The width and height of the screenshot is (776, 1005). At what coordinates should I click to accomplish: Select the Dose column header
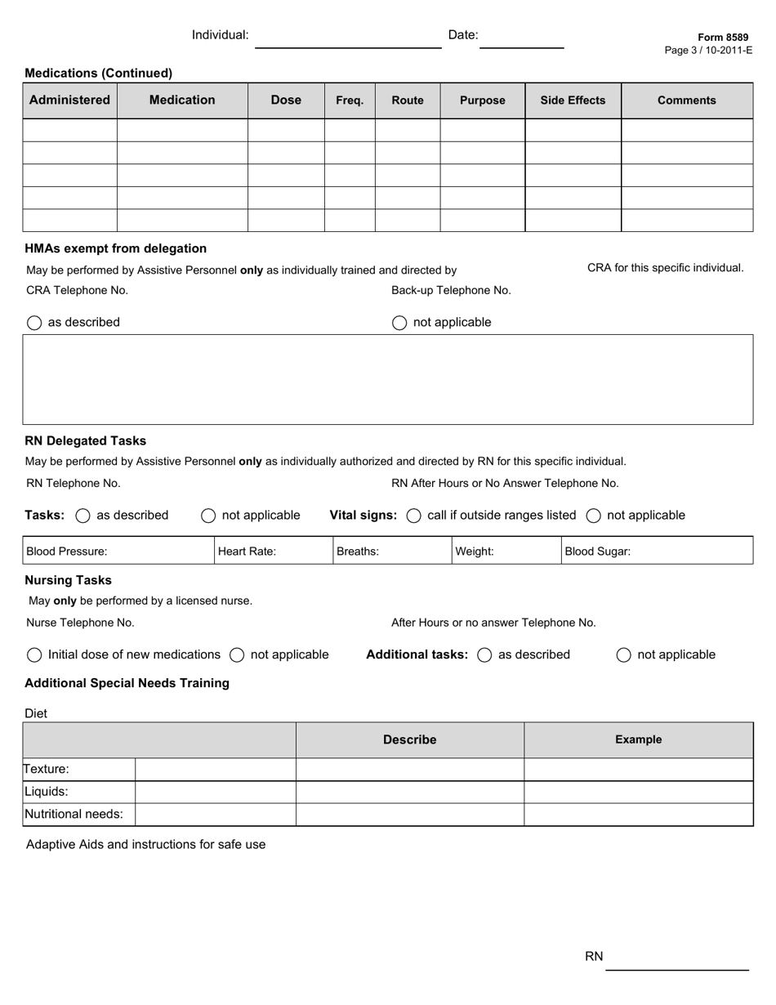[286, 100]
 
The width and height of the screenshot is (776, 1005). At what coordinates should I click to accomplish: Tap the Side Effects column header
[573, 100]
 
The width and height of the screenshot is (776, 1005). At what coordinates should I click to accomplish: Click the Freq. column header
[350, 100]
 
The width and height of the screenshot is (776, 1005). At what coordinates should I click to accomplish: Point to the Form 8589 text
[722, 38]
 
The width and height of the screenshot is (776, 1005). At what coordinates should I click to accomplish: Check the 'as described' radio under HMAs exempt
[34, 323]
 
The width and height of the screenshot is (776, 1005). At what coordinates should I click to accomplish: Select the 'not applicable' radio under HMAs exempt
[399, 323]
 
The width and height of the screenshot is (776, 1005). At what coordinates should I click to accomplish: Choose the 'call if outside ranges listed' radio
[413, 516]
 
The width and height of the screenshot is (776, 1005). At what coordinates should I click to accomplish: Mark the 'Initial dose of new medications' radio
[34, 655]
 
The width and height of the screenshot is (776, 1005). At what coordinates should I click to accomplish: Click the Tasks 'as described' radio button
[83, 516]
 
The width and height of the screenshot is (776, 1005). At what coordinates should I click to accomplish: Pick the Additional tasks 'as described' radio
[484, 655]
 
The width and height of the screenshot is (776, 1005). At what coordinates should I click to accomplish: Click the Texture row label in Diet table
[47, 770]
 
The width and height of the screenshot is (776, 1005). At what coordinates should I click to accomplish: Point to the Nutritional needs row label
[74, 815]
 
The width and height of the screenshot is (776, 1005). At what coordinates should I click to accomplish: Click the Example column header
[638, 740]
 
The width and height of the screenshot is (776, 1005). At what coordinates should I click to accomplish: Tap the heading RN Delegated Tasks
[86, 441]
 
